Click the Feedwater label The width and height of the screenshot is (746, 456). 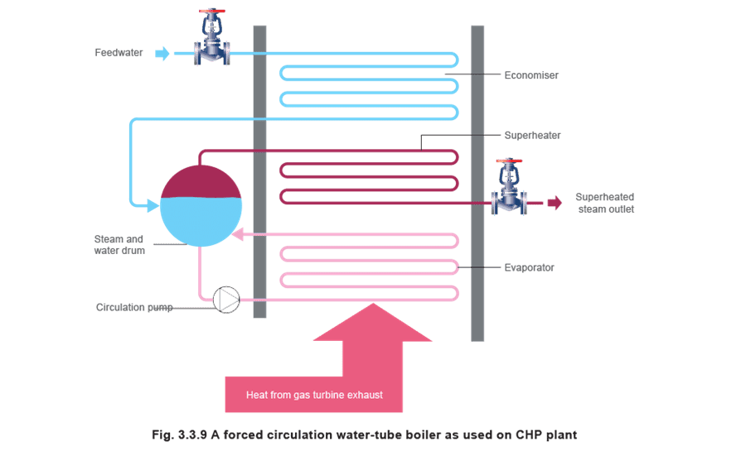pyautogui.click(x=119, y=53)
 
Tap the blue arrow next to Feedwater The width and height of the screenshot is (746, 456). pyautogui.click(x=162, y=53)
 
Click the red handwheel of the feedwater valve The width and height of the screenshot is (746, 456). pyautogui.click(x=212, y=11)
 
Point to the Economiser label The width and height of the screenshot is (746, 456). pyautogui.click(x=531, y=75)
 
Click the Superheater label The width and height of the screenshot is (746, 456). pyautogui.click(x=532, y=136)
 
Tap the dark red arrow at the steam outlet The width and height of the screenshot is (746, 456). pyautogui.click(x=555, y=203)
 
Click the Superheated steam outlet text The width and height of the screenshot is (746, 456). pyautogui.click(x=605, y=203)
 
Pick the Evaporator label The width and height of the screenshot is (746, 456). pyautogui.click(x=529, y=267)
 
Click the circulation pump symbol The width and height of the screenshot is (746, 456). pyautogui.click(x=226, y=300)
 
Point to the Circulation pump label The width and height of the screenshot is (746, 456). pyautogui.click(x=134, y=307)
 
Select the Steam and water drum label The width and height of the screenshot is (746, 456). pyautogui.click(x=119, y=245)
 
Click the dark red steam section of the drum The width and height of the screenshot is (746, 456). pyautogui.click(x=201, y=182)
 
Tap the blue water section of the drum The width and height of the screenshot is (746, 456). pyautogui.click(x=201, y=221)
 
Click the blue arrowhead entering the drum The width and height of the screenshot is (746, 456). pyautogui.click(x=153, y=206)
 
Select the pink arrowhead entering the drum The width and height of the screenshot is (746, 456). pyautogui.click(x=237, y=234)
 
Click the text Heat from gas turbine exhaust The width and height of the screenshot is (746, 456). pyautogui.click(x=314, y=395)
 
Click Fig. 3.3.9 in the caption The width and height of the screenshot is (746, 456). pyautogui.click(x=179, y=434)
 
